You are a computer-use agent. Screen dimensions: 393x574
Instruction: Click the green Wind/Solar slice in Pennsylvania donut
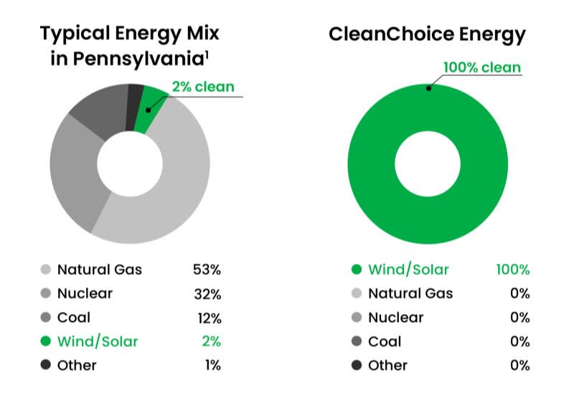(152, 109)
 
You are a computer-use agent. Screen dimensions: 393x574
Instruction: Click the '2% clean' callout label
(202, 87)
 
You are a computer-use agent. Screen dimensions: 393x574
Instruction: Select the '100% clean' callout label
(482, 68)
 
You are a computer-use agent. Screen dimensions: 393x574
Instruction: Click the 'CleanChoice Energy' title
(427, 34)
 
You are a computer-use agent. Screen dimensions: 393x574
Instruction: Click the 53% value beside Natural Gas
(207, 270)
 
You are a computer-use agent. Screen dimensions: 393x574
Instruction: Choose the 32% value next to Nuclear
(207, 293)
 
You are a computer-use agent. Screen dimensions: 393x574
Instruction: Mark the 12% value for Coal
(207, 317)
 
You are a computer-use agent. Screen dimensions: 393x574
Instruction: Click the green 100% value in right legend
(512, 270)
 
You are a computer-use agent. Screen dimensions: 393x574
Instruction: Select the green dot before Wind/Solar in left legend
(45, 341)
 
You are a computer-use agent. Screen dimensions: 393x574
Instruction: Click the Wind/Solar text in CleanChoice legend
(408, 270)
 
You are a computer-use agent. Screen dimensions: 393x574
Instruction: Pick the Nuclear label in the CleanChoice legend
(395, 317)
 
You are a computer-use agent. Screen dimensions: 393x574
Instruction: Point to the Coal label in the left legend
(74, 317)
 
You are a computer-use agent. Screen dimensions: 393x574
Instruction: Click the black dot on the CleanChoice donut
(428, 88)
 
